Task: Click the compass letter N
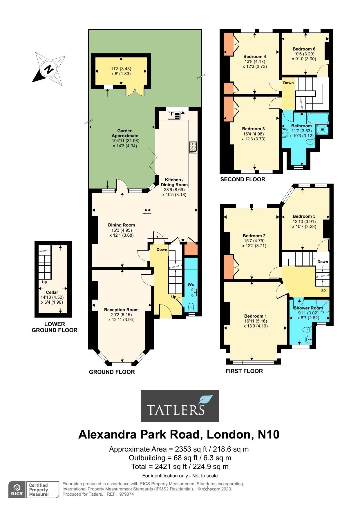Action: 49,69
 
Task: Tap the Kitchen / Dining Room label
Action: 174,182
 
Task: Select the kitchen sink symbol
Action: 174,115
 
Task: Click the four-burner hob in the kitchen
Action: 193,147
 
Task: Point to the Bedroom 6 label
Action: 304,49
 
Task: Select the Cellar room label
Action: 52,292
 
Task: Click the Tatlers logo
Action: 180,406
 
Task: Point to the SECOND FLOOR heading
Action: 243,179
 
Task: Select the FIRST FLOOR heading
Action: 244,371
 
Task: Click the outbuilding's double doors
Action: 135,91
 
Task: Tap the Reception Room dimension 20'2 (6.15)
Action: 121,315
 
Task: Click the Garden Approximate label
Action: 125,133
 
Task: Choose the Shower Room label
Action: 308,308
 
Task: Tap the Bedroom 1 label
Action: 255,316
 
